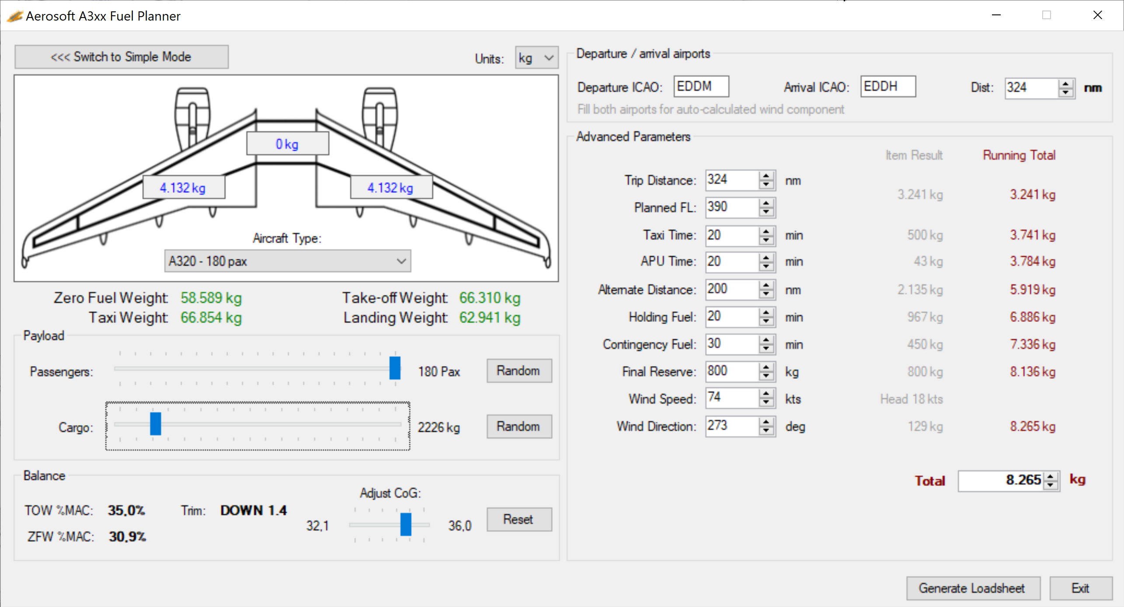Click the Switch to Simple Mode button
pyautogui.click(x=121, y=57)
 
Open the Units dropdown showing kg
pyautogui.click(x=536, y=58)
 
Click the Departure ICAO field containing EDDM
pyautogui.click(x=700, y=87)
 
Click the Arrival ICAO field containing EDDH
pyautogui.click(x=887, y=87)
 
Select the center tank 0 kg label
pyautogui.click(x=287, y=144)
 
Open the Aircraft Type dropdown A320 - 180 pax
pyautogui.click(x=287, y=261)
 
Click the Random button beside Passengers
pyautogui.click(x=519, y=371)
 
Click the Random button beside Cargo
pyautogui.click(x=519, y=426)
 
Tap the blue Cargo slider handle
pyautogui.click(x=155, y=423)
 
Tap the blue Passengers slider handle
pyautogui.click(x=395, y=368)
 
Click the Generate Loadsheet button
pyautogui.click(x=972, y=588)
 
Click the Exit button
pyautogui.click(x=1080, y=588)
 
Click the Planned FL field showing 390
pyautogui.click(x=731, y=207)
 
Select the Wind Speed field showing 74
pyautogui.click(x=731, y=398)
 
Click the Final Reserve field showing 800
pyautogui.click(x=731, y=371)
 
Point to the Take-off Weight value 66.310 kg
pyautogui.click(x=490, y=298)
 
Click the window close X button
pyautogui.click(x=1097, y=15)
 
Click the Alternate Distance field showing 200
pyautogui.click(x=731, y=289)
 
